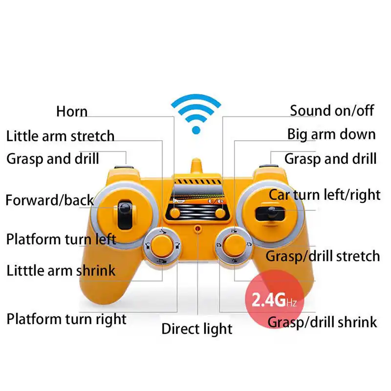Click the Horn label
[72, 111]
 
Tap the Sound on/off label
[332, 110]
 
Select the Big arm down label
[331, 134]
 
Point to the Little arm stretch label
[60, 136]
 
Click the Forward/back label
[49, 200]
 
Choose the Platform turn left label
[61, 239]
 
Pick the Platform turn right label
[66, 319]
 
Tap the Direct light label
[197, 328]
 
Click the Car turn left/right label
[324, 195]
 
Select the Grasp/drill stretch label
[323, 256]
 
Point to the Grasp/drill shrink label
[323, 322]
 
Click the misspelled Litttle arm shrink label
[61, 270]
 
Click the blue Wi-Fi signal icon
[196, 113]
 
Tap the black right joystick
[268, 214]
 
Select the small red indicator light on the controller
[197, 228]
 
